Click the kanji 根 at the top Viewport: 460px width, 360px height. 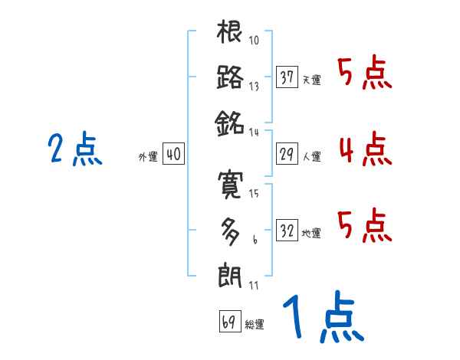click(x=230, y=33)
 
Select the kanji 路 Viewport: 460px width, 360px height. click(x=230, y=77)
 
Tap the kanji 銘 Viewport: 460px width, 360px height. click(x=230, y=123)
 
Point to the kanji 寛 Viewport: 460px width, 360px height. click(x=230, y=184)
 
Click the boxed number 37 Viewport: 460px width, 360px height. click(x=287, y=77)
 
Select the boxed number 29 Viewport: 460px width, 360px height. click(x=287, y=154)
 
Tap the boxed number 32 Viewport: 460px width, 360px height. click(x=287, y=231)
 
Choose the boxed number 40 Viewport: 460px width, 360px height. click(x=173, y=154)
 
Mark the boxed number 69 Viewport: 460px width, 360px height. click(x=228, y=322)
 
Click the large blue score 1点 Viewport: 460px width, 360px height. click(x=322, y=317)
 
